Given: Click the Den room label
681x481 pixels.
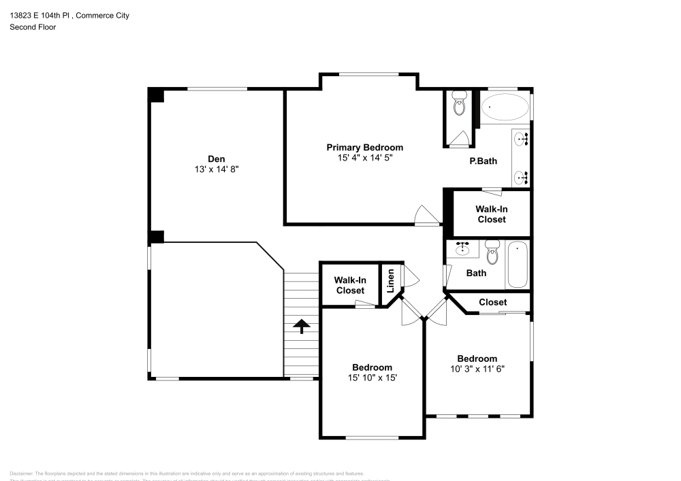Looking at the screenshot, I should pos(217,159).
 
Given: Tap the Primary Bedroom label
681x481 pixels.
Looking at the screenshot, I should pos(364,148).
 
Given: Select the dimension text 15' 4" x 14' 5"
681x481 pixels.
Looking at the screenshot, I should pos(364,158).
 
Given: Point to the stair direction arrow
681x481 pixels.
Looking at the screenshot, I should pos(300,326).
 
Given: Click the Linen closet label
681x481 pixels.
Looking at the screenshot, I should pos(391,282).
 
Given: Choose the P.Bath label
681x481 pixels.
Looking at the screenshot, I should pos(483,161).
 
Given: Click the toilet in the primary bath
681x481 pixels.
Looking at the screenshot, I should pos(458,106).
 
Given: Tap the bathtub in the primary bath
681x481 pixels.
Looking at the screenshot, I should pos(505,107).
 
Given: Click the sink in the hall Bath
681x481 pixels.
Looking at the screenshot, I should pos(463,248).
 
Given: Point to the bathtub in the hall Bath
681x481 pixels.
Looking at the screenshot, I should pos(518,265).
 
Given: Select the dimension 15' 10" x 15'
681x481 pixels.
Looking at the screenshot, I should pos(372,378).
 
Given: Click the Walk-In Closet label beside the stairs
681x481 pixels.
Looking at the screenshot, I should pos(350,286).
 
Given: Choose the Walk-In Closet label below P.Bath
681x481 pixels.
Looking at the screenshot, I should pos(491,214).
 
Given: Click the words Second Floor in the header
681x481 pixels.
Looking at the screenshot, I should pos(33,27).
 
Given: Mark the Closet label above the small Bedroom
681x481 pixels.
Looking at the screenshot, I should pos(492,302).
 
